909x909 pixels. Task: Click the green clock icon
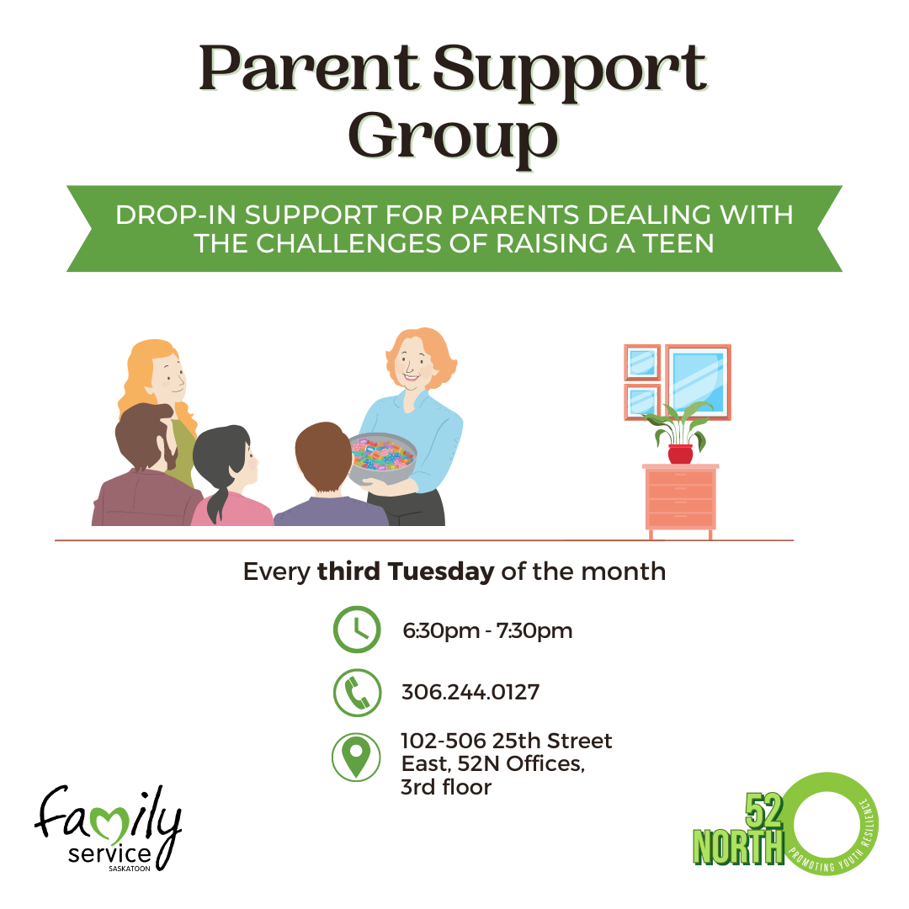coord(357,630)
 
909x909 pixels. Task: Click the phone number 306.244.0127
coord(470,693)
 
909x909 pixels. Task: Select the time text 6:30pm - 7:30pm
coord(486,630)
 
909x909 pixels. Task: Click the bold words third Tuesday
coord(405,572)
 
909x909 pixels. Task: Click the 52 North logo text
coord(739,831)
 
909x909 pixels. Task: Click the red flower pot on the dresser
coord(680,454)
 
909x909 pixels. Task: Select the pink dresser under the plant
coord(680,498)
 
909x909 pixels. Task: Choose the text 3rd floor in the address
coord(446,788)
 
